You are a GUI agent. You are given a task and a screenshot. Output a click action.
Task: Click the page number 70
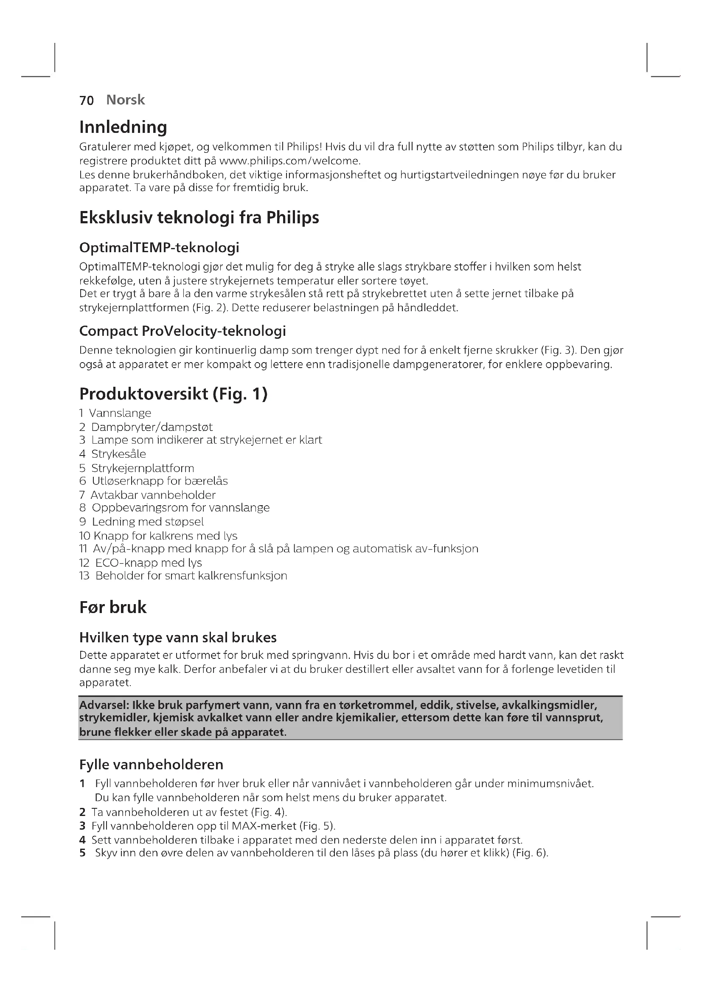(x=87, y=100)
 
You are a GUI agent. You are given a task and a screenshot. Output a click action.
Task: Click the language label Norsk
(x=125, y=100)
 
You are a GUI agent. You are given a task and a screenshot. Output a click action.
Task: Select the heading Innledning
(x=123, y=127)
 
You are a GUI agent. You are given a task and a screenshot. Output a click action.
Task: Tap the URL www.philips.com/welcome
(x=289, y=161)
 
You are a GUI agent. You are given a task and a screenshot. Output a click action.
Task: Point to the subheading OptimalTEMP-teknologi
(x=159, y=248)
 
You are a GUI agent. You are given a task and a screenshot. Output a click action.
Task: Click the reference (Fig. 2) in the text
(x=210, y=308)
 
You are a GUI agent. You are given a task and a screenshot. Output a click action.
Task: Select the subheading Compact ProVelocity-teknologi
(x=183, y=331)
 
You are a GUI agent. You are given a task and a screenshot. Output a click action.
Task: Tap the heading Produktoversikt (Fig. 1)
(x=173, y=394)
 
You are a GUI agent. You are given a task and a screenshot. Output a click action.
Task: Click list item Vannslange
(x=120, y=413)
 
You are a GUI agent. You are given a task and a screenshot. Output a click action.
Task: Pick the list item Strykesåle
(x=118, y=454)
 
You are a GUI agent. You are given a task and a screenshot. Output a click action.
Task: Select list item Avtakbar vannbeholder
(x=153, y=495)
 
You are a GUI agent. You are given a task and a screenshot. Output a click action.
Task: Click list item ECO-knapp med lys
(x=148, y=563)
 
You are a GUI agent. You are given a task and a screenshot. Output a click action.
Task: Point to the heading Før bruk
(x=113, y=608)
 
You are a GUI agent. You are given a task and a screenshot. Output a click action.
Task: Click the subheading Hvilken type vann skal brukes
(x=178, y=638)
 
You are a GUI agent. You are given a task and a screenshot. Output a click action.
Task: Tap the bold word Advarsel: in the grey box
(x=104, y=706)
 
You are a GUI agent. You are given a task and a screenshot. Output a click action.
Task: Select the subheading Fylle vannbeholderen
(x=151, y=765)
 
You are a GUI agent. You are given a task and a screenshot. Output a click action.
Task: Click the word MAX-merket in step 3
(x=264, y=826)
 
